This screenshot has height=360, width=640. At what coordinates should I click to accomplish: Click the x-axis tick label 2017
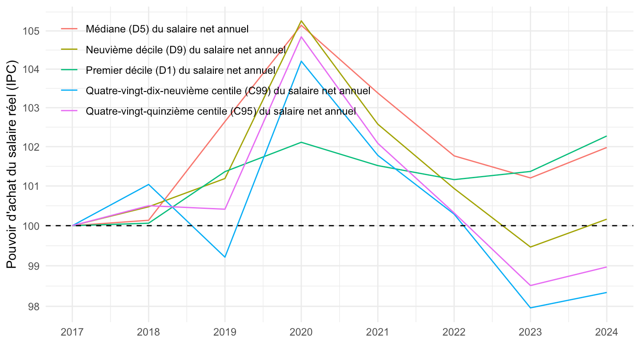click(72, 332)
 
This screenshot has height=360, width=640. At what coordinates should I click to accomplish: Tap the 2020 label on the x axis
click(301, 332)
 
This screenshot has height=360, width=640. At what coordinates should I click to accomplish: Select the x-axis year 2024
click(607, 332)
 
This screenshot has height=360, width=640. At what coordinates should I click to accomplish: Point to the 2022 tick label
click(454, 332)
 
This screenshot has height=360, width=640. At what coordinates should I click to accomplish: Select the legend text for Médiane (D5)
click(167, 29)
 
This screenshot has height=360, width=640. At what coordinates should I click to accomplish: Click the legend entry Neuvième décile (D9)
click(185, 50)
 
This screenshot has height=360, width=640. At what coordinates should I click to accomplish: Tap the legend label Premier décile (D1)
click(180, 70)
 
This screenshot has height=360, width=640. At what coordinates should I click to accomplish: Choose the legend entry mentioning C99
click(228, 91)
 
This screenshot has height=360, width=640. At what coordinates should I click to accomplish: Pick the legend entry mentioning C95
click(221, 111)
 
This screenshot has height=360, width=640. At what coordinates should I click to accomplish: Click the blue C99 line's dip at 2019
click(225, 257)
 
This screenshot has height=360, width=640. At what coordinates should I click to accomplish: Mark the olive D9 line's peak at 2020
click(301, 21)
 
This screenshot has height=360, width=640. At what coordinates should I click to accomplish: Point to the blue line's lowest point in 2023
click(530, 308)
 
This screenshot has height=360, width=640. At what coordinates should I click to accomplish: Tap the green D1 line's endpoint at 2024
click(607, 136)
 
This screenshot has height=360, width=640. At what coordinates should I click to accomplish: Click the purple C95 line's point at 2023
click(530, 285)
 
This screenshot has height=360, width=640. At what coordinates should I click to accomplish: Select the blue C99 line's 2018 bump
click(148, 184)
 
